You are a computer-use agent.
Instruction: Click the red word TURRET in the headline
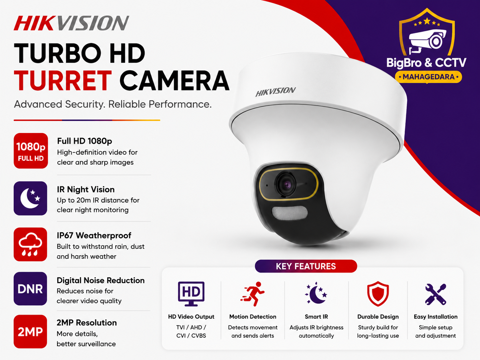[63, 80]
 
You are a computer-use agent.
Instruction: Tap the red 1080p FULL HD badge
[31, 151]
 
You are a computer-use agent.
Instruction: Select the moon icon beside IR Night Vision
[30, 198]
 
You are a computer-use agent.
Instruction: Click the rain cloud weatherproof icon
[30, 244]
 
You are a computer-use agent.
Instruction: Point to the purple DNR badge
[30, 288]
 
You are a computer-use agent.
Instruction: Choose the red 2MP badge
[30, 331]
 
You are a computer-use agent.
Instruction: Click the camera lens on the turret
[286, 185]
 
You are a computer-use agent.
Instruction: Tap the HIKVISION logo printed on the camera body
[275, 91]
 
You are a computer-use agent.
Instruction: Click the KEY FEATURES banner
[306, 266]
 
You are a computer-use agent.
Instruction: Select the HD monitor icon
[191, 294]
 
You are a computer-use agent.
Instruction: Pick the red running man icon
[253, 294]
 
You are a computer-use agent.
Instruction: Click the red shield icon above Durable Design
[378, 294]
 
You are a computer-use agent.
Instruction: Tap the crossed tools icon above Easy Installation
[436, 294]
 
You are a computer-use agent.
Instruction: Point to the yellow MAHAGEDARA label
[429, 77]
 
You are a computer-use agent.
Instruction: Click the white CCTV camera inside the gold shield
[428, 41]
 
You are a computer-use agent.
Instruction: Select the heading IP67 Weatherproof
[94, 236]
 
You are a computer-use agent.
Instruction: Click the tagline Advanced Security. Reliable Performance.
[113, 104]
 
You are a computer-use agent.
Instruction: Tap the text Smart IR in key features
[317, 317]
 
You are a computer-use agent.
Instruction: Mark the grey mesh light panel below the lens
[289, 213]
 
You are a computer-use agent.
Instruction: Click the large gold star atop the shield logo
[427, 21]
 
